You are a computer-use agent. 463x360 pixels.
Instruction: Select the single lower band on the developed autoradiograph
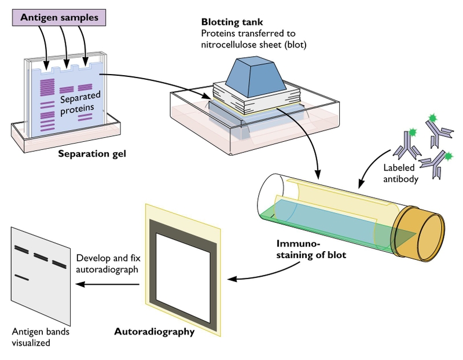point(22,278)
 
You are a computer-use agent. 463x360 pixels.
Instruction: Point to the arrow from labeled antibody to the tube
point(370,168)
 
